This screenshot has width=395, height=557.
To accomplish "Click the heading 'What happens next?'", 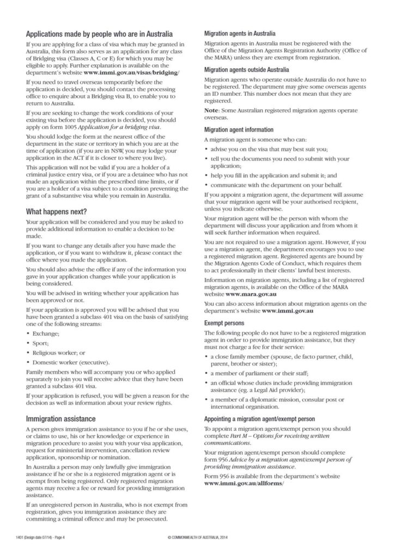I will click(58, 211).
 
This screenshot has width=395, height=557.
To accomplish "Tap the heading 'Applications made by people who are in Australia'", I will click(99, 34).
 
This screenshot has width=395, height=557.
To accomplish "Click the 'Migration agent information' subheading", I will click(239, 130).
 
